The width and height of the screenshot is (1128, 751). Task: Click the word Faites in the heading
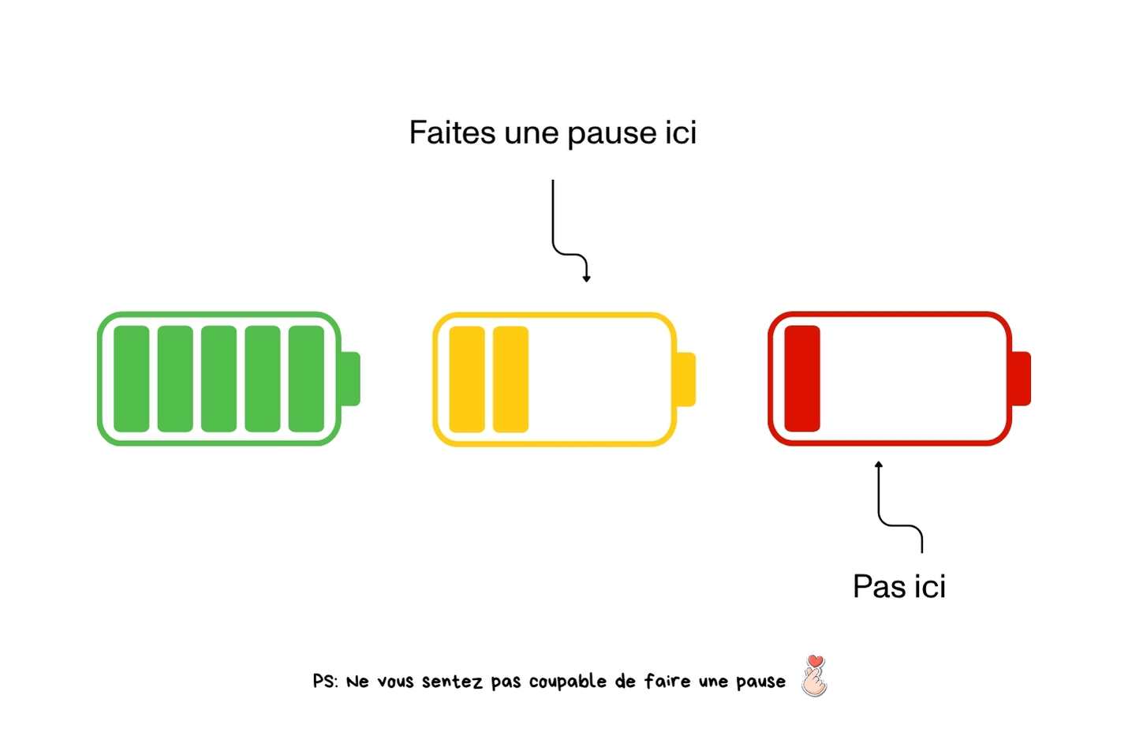point(452,133)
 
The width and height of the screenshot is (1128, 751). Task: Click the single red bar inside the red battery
point(801,379)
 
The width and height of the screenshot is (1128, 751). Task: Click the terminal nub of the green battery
point(351,379)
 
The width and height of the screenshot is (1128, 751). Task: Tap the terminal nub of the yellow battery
point(686,379)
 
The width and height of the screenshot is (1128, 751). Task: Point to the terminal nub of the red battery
point(1022,379)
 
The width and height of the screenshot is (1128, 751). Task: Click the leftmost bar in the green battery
point(132,379)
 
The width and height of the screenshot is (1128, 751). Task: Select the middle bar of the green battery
point(219,379)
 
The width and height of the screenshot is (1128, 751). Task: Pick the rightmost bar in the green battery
point(306,379)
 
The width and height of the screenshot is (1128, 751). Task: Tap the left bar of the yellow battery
point(466,379)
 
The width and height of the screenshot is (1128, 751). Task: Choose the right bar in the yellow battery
point(510,379)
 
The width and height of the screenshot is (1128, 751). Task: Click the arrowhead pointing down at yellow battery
point(586,278)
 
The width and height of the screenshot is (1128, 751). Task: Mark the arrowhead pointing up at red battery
point(879,465)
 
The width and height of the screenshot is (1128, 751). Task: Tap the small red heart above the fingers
point(816,661)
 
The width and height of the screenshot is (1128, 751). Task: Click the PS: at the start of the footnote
point(325,681)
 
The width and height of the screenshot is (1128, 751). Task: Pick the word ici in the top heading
point(680,133)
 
